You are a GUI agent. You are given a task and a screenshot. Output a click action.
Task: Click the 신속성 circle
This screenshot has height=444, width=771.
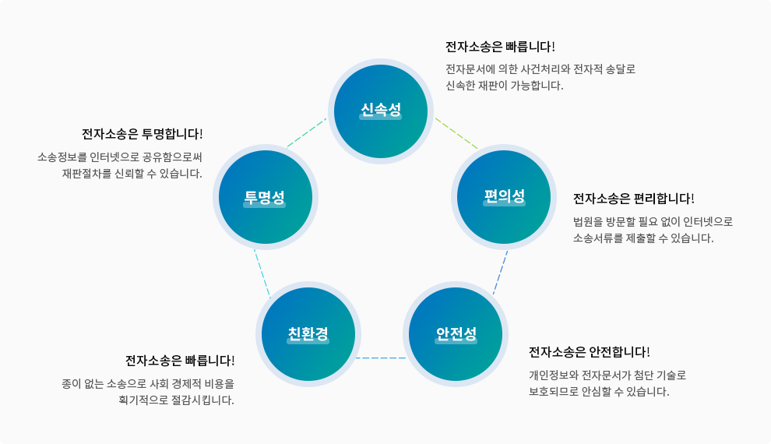(380, 111)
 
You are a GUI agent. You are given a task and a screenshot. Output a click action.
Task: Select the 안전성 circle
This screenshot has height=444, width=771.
(456, 334)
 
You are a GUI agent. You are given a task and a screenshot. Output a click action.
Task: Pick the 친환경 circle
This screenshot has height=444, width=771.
(308, 334)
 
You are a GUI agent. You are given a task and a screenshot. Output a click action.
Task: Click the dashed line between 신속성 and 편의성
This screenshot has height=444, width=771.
(456, 132)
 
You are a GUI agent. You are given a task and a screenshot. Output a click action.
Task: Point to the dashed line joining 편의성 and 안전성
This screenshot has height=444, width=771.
(500, 272)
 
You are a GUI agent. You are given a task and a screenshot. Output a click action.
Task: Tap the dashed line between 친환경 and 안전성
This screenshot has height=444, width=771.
(382, 358)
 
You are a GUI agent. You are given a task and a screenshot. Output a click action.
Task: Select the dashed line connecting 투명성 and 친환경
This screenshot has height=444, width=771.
(262, 273)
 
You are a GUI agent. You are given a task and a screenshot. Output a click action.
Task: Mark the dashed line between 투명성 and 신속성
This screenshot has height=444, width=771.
(306, 132)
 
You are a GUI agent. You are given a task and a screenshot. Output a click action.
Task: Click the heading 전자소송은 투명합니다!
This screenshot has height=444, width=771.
(142, 134)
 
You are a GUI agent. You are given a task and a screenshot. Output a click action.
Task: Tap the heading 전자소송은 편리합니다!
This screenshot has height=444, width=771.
(633, 198)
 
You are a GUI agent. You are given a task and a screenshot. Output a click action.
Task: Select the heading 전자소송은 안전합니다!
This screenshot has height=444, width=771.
(589, 351)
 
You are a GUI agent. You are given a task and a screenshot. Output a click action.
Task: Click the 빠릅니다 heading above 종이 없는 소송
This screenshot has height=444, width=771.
(180, 361)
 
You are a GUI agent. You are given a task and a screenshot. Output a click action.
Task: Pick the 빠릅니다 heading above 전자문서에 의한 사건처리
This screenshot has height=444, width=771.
(500, 47)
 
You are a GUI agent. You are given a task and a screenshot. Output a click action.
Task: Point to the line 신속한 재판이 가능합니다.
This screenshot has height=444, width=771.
(504, 86)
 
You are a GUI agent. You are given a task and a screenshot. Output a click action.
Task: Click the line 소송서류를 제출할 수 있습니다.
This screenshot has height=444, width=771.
(642, 238)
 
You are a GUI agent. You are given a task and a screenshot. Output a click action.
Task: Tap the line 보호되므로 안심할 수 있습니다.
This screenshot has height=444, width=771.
(598, 392)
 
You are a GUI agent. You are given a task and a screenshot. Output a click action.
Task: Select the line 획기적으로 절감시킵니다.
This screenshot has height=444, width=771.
(176, 400)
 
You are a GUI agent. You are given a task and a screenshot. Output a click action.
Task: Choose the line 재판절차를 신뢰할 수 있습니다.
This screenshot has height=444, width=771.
(132, 174)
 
